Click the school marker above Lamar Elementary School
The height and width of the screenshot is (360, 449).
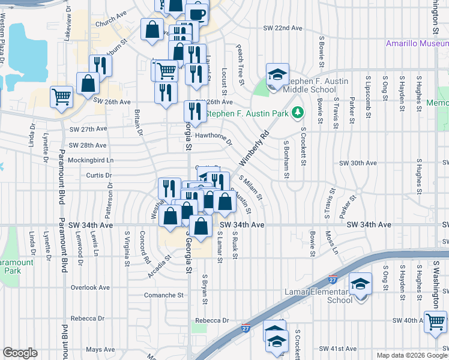pos(360,283)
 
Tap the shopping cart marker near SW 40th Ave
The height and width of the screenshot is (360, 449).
pos(435,321)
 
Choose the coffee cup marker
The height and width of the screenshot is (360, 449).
pos(197,13)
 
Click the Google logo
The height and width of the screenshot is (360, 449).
pos(20,353)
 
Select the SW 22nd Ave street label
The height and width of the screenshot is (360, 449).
pos(283,28)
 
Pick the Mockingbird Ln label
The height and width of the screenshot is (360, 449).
pos(91,160)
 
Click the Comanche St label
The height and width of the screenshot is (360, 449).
pos(164,295)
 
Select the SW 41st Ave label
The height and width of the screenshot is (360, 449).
pos(339,349)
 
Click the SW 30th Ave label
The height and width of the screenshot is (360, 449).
pos(358,163)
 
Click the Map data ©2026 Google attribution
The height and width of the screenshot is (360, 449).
pos(412,355)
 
